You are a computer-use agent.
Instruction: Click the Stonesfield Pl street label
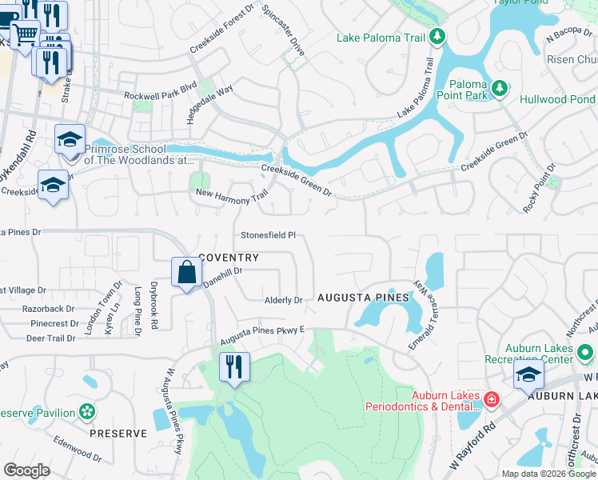[269, 235]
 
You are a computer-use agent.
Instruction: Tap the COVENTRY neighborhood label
[229, 258]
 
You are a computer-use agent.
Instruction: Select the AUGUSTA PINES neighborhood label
[363, 297]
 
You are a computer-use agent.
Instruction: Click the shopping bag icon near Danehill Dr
[186, 272]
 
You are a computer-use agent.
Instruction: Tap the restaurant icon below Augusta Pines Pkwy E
[234, 367]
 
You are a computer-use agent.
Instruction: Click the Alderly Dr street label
[284, 301]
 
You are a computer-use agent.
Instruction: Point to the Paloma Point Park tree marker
[500, 88]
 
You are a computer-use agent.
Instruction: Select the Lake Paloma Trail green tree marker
[437, 36]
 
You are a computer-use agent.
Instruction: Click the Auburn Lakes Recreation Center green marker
[586, 352]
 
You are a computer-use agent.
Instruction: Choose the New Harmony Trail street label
[231, 194]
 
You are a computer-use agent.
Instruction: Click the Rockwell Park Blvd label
[160, 95]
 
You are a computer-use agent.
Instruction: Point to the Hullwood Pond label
[557, 100]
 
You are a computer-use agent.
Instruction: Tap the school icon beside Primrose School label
[70, 139]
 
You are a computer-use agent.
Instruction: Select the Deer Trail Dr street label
[50, 338]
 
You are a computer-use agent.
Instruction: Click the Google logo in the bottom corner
[26, 470]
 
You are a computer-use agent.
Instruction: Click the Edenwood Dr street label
[78, 447]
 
